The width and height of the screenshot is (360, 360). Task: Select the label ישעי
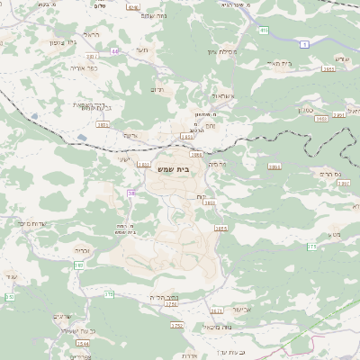(124, 160)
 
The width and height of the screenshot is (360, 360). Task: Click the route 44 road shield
(115, 51)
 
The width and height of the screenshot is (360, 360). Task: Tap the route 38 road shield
(132, 193)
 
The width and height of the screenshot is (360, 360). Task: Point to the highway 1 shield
(304, 44)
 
